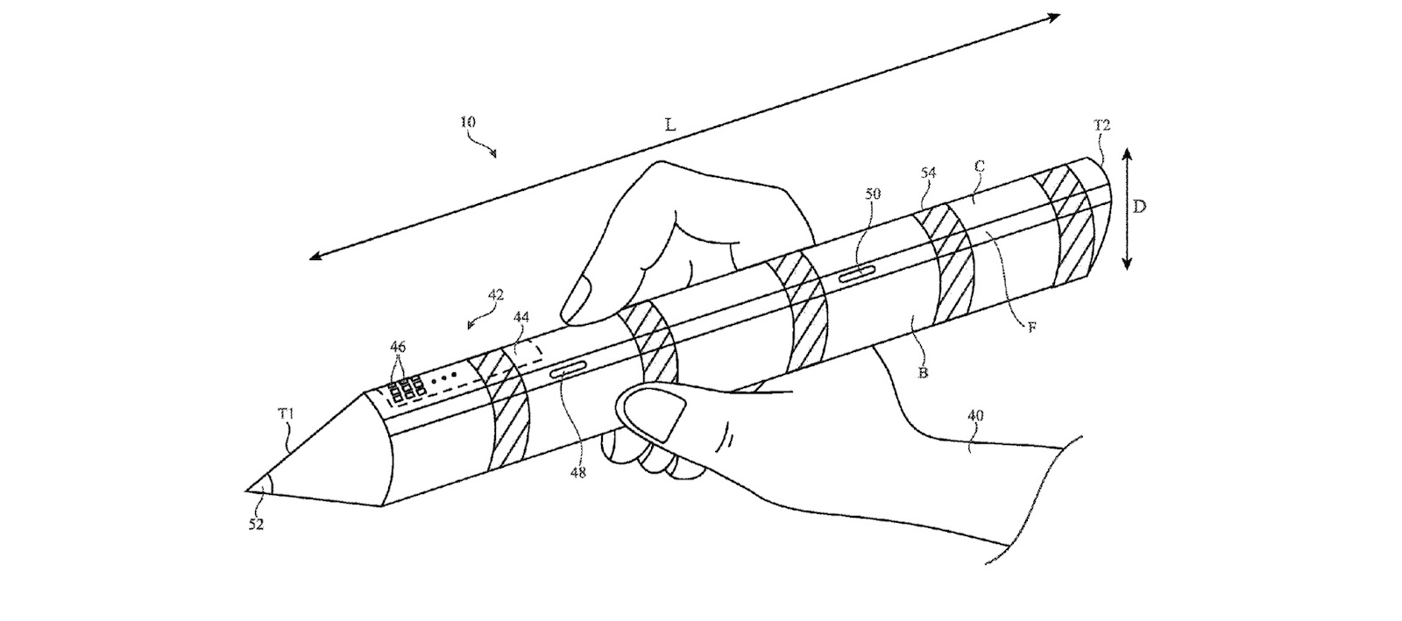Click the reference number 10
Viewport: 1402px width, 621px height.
click(x=468, y=122)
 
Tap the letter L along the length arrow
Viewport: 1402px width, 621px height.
click(x=670, y=126)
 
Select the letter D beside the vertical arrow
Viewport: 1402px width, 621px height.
click(x=1139, y=207)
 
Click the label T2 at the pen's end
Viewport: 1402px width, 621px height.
click(x=1101, y=126)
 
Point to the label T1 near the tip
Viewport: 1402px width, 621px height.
click(x=286, y=413)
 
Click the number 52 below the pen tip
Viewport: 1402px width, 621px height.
click(x=255, y=525)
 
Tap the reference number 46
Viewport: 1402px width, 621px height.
click(x=398, y=347)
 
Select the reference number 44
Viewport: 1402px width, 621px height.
click(x=520, y=317)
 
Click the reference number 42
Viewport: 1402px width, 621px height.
click(x=495, y=294)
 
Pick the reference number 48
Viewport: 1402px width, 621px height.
click(x=577, y=472)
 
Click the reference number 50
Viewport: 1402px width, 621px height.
click(x=873, y=194)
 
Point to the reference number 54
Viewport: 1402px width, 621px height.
click(x=928, y=173)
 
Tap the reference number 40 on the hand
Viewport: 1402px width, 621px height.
click(x=975, y=415)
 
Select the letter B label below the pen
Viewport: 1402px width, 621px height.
click(x=923, y=373)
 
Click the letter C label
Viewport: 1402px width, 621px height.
click(x=981, y=166)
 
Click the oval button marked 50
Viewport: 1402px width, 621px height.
click(x=858, y=272)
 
